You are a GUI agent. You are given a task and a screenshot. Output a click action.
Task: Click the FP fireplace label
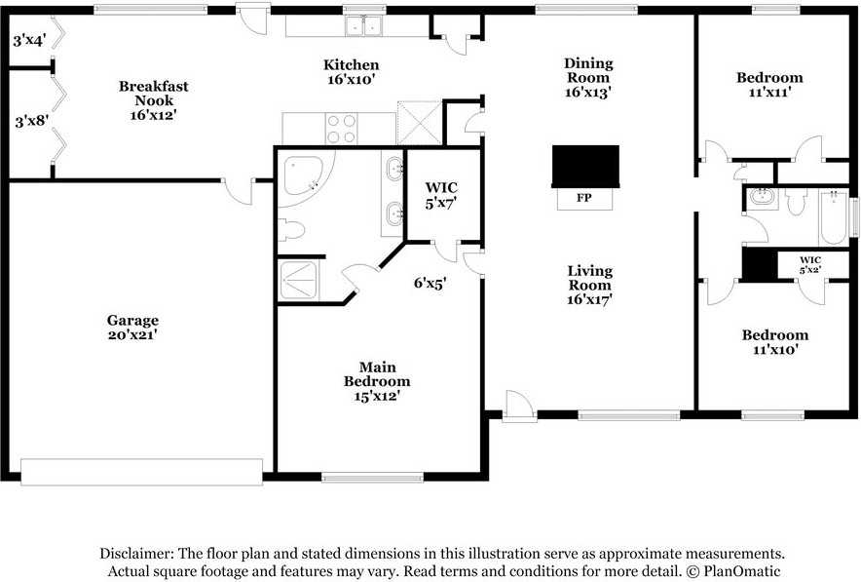pos(584,198)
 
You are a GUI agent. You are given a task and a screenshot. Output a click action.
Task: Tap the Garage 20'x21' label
pos(132,327)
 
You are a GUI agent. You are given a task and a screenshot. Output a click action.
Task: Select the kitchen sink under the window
pos(363,25)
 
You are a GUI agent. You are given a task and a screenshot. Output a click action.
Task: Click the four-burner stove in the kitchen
pos(341,128)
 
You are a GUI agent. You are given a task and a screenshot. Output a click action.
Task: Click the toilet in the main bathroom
pos(290,230)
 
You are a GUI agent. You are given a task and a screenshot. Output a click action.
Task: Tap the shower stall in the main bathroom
pos(298,281)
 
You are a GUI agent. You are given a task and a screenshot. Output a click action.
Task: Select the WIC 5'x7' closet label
pos(441,196)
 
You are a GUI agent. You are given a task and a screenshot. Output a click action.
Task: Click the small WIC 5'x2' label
pos(810,264)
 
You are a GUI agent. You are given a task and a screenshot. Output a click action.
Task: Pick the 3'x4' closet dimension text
pos(29,40)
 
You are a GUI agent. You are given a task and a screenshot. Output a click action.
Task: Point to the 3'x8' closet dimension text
pos(31,120)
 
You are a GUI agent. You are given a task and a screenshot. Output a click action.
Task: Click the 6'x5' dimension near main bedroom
pos(430,283)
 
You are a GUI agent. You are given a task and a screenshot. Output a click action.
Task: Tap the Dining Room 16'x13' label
pos(588,77)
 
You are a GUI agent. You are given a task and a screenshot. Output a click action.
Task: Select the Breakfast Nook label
pos(154,93)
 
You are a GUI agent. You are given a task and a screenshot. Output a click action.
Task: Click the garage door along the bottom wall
pos(141,472)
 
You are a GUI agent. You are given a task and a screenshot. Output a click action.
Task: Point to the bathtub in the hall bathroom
pos(834,216)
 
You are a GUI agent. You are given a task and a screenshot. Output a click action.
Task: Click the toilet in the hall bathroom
pos(795,201)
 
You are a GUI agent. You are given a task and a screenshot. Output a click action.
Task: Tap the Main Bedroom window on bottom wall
pos(372,477)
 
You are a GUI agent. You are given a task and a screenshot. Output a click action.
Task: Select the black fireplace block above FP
pos(585,167)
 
